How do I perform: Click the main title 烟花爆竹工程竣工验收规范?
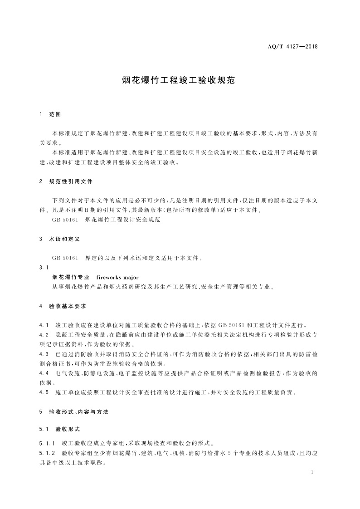coord(180,80)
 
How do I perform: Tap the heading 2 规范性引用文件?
coord(66,181)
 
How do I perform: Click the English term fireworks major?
coord(117,277)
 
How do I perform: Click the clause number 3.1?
coord(44,267)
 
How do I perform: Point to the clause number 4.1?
coord(44,325)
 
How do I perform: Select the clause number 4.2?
coord(44,334)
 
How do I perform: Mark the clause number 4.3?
coord(44,353)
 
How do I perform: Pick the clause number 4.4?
coord(44,373)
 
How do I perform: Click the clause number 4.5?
coord(44,392)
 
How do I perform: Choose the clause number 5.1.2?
coord(47,453)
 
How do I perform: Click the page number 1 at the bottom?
coord(313,472)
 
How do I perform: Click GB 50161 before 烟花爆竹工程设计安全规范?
coord(66,219)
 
